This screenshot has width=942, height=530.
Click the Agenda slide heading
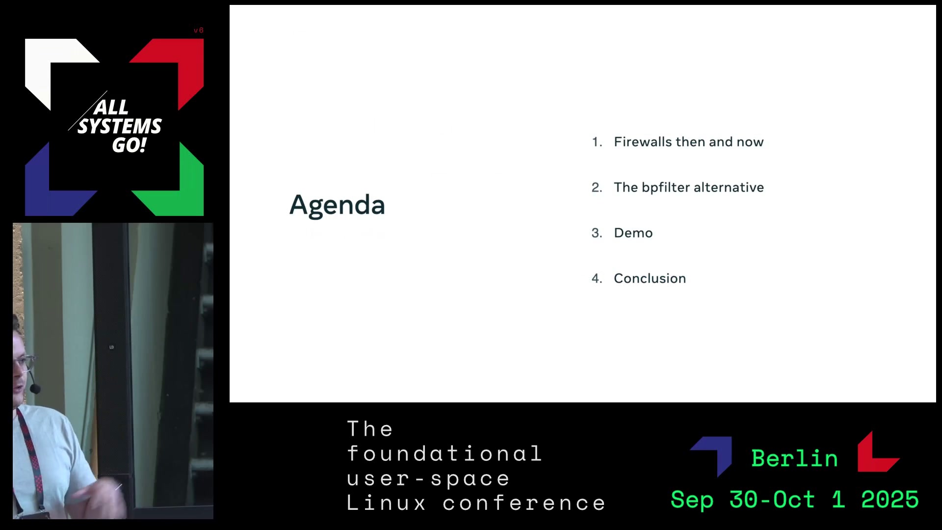coord(337,205)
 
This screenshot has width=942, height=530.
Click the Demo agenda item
coord(633,233)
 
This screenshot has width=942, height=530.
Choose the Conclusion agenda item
coord(650,278)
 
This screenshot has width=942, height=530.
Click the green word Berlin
coord(795,458)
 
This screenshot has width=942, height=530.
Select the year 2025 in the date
coord(890,500)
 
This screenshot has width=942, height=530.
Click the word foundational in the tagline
coord(445,453)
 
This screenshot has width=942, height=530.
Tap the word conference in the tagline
coord(524,503)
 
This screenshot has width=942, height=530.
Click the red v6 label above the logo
coord(199,30)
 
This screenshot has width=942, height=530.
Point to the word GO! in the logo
coord(129,145)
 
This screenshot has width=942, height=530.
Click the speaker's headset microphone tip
coord(35,389)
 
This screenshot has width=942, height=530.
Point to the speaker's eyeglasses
coord(24,363)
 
